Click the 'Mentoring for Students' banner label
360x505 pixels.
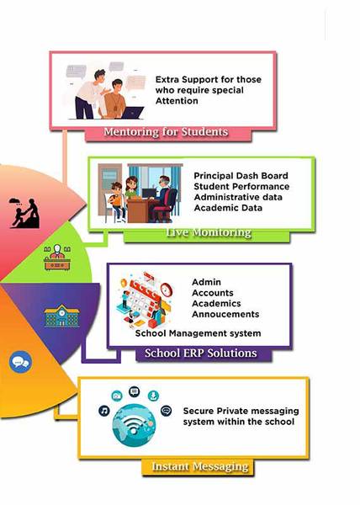[x=166, y=132]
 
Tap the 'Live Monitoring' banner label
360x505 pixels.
[x=209, y=232]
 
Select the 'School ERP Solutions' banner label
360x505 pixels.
[x=201, y=353]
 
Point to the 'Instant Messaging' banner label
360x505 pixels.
[x=200, y=466]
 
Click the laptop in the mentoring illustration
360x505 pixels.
[x=133, y=113]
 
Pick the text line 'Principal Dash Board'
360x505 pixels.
[x=241, y=176]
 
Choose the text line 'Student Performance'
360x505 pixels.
[x=241, y=187]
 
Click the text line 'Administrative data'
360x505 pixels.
[x=238, y=197]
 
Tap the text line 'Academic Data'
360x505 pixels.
[x=228, y=208]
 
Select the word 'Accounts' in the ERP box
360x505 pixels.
[x=213, y=293]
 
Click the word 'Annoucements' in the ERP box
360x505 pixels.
[x=225, y=314]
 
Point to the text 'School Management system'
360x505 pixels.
[x=198, y=333]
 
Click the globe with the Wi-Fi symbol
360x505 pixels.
[x=134, y=425]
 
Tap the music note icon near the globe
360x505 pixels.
[x=104, y=411]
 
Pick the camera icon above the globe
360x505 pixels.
[x=117, y=396]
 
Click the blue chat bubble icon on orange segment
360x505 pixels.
[x=21, y=362]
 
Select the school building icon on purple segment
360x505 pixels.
[x=61, y=316]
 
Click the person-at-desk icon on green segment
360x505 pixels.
[x=57, y=258]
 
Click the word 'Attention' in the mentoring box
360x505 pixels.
[x=177, y=101]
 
